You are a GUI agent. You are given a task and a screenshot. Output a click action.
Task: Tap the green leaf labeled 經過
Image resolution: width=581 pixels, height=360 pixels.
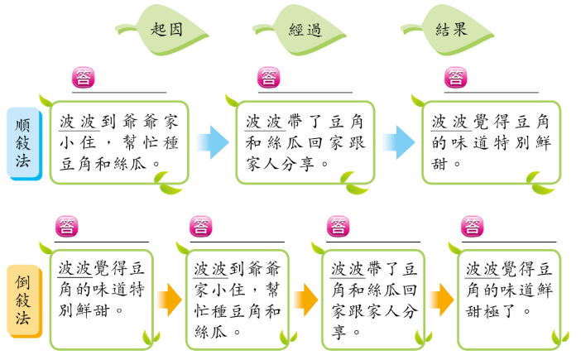pos(305,29)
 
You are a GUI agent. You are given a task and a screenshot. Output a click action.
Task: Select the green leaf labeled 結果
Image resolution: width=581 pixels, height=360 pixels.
pos(451,29)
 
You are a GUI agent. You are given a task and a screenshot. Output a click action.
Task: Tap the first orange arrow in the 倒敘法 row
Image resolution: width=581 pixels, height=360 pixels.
pos(170,298)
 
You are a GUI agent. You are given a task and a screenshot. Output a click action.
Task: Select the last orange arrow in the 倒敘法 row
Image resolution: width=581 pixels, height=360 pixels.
pos(441,298)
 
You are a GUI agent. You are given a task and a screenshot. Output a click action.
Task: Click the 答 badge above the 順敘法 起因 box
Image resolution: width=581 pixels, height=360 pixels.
pos(84,78)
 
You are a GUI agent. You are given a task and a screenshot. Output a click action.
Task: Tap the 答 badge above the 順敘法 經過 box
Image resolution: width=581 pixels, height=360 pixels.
pos(270,78)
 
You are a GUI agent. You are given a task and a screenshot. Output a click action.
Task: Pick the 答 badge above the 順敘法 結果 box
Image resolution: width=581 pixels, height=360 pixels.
pos(455,78)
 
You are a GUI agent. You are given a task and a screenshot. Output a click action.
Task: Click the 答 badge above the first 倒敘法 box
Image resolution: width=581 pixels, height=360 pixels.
pos(66,226)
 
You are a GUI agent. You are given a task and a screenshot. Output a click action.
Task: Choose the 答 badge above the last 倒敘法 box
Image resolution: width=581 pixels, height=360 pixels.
pos(473,226)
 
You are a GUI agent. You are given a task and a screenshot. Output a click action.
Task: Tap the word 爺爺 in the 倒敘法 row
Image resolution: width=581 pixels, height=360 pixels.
pos(263,270)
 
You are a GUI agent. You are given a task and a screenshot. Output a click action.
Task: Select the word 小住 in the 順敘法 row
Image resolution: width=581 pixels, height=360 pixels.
pos(79,142)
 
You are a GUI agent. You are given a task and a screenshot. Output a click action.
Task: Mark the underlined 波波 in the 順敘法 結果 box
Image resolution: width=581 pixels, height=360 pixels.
pos(450,122)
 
